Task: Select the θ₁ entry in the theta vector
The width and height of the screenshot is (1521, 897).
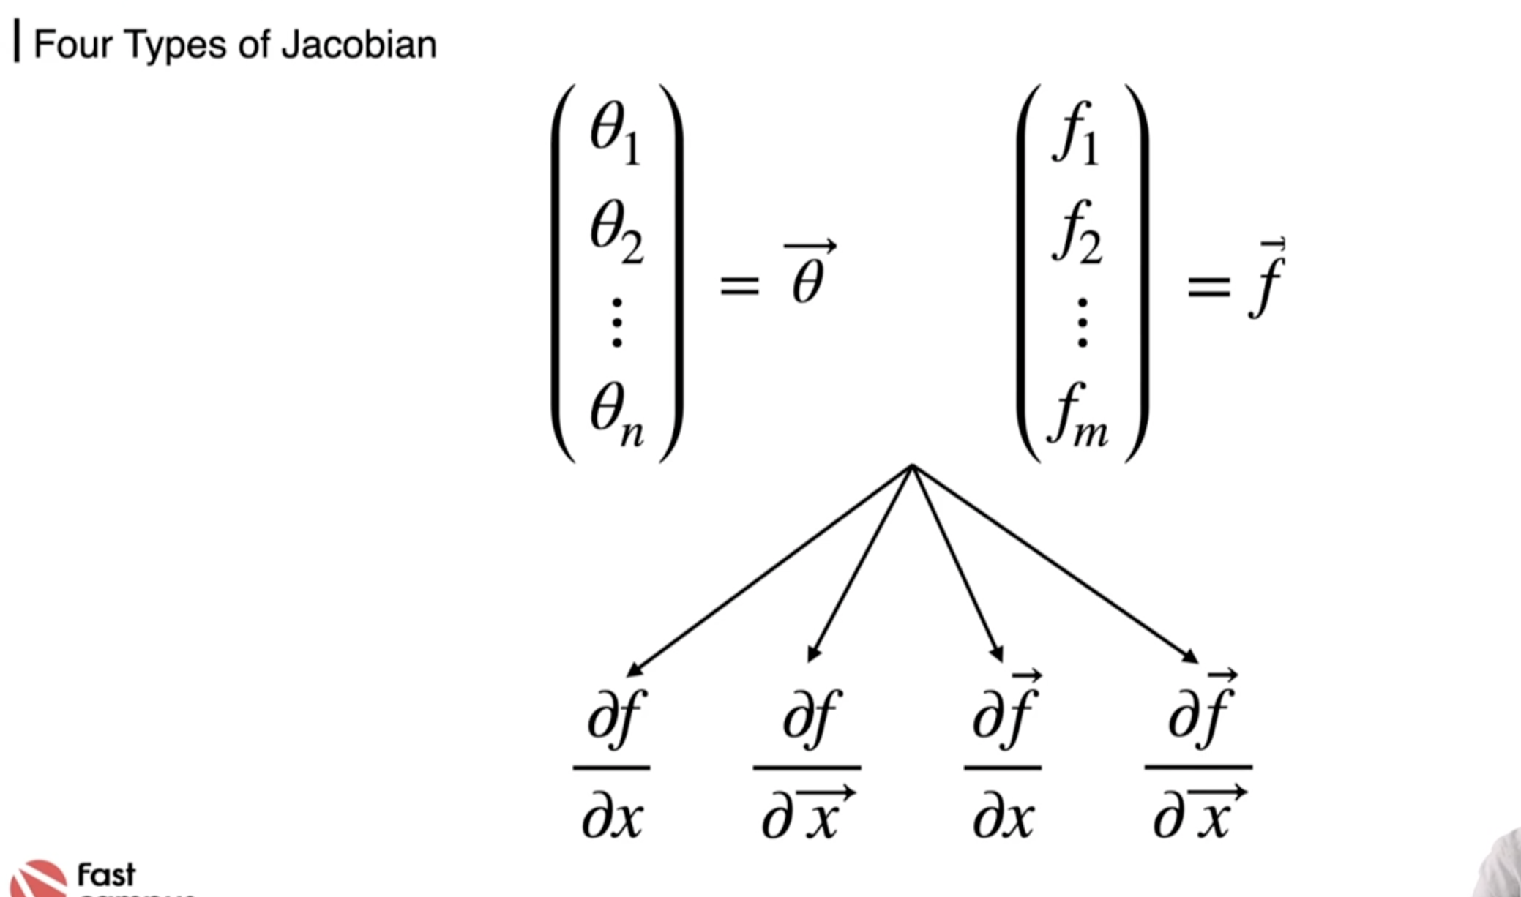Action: point(615,132)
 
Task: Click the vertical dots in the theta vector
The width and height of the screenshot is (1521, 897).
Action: point(617,322)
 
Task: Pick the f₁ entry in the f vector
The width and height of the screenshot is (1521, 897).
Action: point(1075,132)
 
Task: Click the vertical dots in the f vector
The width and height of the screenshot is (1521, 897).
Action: point(1083,322)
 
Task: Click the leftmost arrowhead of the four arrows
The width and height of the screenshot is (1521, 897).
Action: point(634,669)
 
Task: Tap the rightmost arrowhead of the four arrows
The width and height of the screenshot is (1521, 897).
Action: point(1190,657)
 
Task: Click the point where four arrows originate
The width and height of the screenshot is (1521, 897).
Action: point(912,465)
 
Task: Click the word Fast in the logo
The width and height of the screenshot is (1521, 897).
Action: point(106,874)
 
